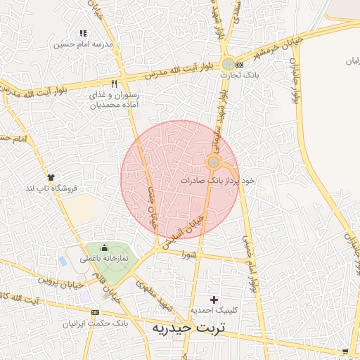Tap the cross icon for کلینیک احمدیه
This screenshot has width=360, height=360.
click(214, 300)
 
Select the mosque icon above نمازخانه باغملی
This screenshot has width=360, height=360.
click(105, 247)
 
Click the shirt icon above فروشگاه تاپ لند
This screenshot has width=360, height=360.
click(51, 177)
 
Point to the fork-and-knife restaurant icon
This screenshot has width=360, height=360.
click(114, 84)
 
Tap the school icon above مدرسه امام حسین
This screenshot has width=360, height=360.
click(83, 33)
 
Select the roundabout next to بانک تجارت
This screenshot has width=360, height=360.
click(228, 65)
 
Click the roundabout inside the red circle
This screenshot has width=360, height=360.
click(212, 162)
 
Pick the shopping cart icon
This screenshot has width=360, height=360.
click(345, 350)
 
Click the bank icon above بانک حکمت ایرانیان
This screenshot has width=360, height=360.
click(96, 312)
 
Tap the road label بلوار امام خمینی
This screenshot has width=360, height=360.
click(249, 264)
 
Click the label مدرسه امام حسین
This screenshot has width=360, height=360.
click(83, 44)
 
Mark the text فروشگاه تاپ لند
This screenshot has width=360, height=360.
click(51, 188)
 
